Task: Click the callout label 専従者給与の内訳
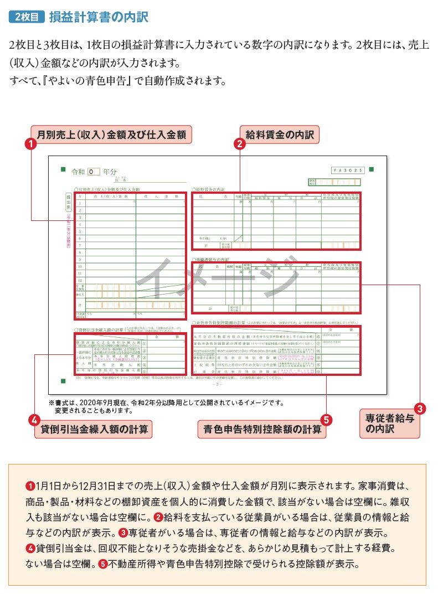389,423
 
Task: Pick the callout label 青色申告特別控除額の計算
261,430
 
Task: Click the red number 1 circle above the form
32,144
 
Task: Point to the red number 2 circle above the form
239,144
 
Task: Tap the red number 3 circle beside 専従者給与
420,409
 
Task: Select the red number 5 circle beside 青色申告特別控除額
326,420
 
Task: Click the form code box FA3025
348,171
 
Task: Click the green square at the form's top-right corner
372,169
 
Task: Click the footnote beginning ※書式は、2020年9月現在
166,402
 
